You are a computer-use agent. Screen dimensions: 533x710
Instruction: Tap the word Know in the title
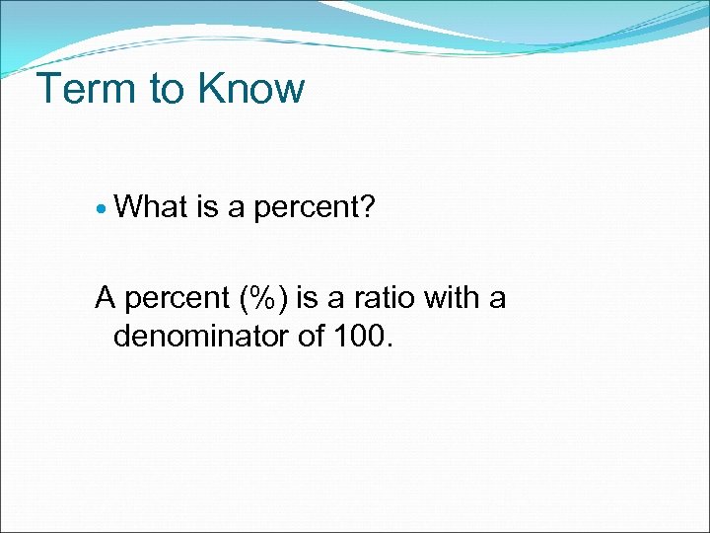[x=250, y=89]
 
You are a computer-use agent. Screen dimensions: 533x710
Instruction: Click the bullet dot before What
[x=103, y=208]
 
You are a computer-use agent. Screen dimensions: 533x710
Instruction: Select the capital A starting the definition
[x=106, y=296]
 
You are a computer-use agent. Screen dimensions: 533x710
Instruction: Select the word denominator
[x=204, y=337]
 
